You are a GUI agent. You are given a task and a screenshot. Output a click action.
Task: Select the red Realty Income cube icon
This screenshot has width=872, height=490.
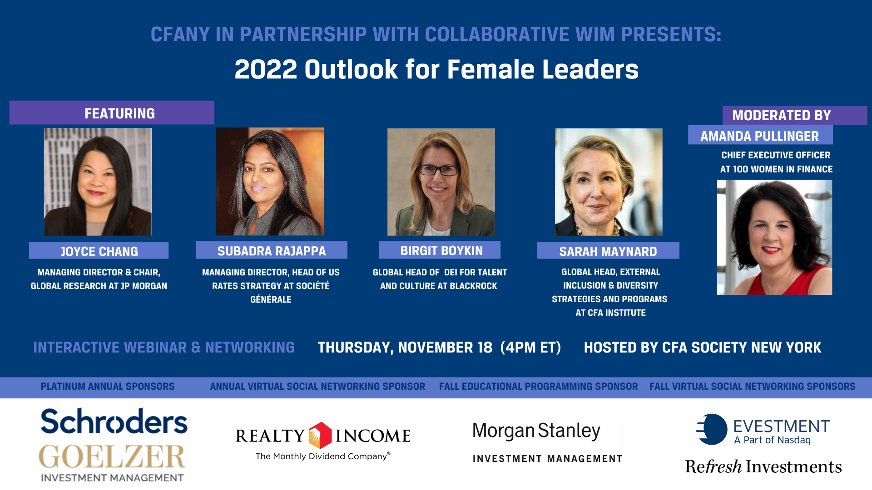(320, 435)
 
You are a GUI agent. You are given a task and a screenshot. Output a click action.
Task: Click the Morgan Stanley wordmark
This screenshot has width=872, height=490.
(536, 431)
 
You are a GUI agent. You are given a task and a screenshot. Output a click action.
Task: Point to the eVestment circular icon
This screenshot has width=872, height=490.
(712, 429)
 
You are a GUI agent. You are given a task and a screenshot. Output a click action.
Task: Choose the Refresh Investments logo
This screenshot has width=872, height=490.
(763, 466)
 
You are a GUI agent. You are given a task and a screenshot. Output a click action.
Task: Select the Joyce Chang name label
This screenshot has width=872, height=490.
(99, 251)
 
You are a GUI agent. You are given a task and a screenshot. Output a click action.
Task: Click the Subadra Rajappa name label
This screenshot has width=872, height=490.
(272, 250)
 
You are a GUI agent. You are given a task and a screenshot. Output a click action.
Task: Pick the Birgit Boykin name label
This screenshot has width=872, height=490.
(440, 250)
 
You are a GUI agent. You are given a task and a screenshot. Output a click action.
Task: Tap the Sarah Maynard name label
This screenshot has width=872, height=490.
(608, 251)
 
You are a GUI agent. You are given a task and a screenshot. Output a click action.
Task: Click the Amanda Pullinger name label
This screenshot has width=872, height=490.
(760, 136)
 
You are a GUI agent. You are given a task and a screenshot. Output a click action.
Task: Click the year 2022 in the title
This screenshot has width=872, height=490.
(266, 69)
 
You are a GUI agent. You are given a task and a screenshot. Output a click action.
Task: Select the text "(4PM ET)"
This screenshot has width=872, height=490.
(530, 348)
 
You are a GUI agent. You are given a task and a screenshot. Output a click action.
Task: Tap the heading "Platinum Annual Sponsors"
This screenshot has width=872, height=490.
(108, 387)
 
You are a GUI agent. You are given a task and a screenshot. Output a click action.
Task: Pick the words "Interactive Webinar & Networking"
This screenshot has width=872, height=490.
(164, 348)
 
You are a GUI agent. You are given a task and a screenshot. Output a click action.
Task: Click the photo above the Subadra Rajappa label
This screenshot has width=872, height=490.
(270, 181)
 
